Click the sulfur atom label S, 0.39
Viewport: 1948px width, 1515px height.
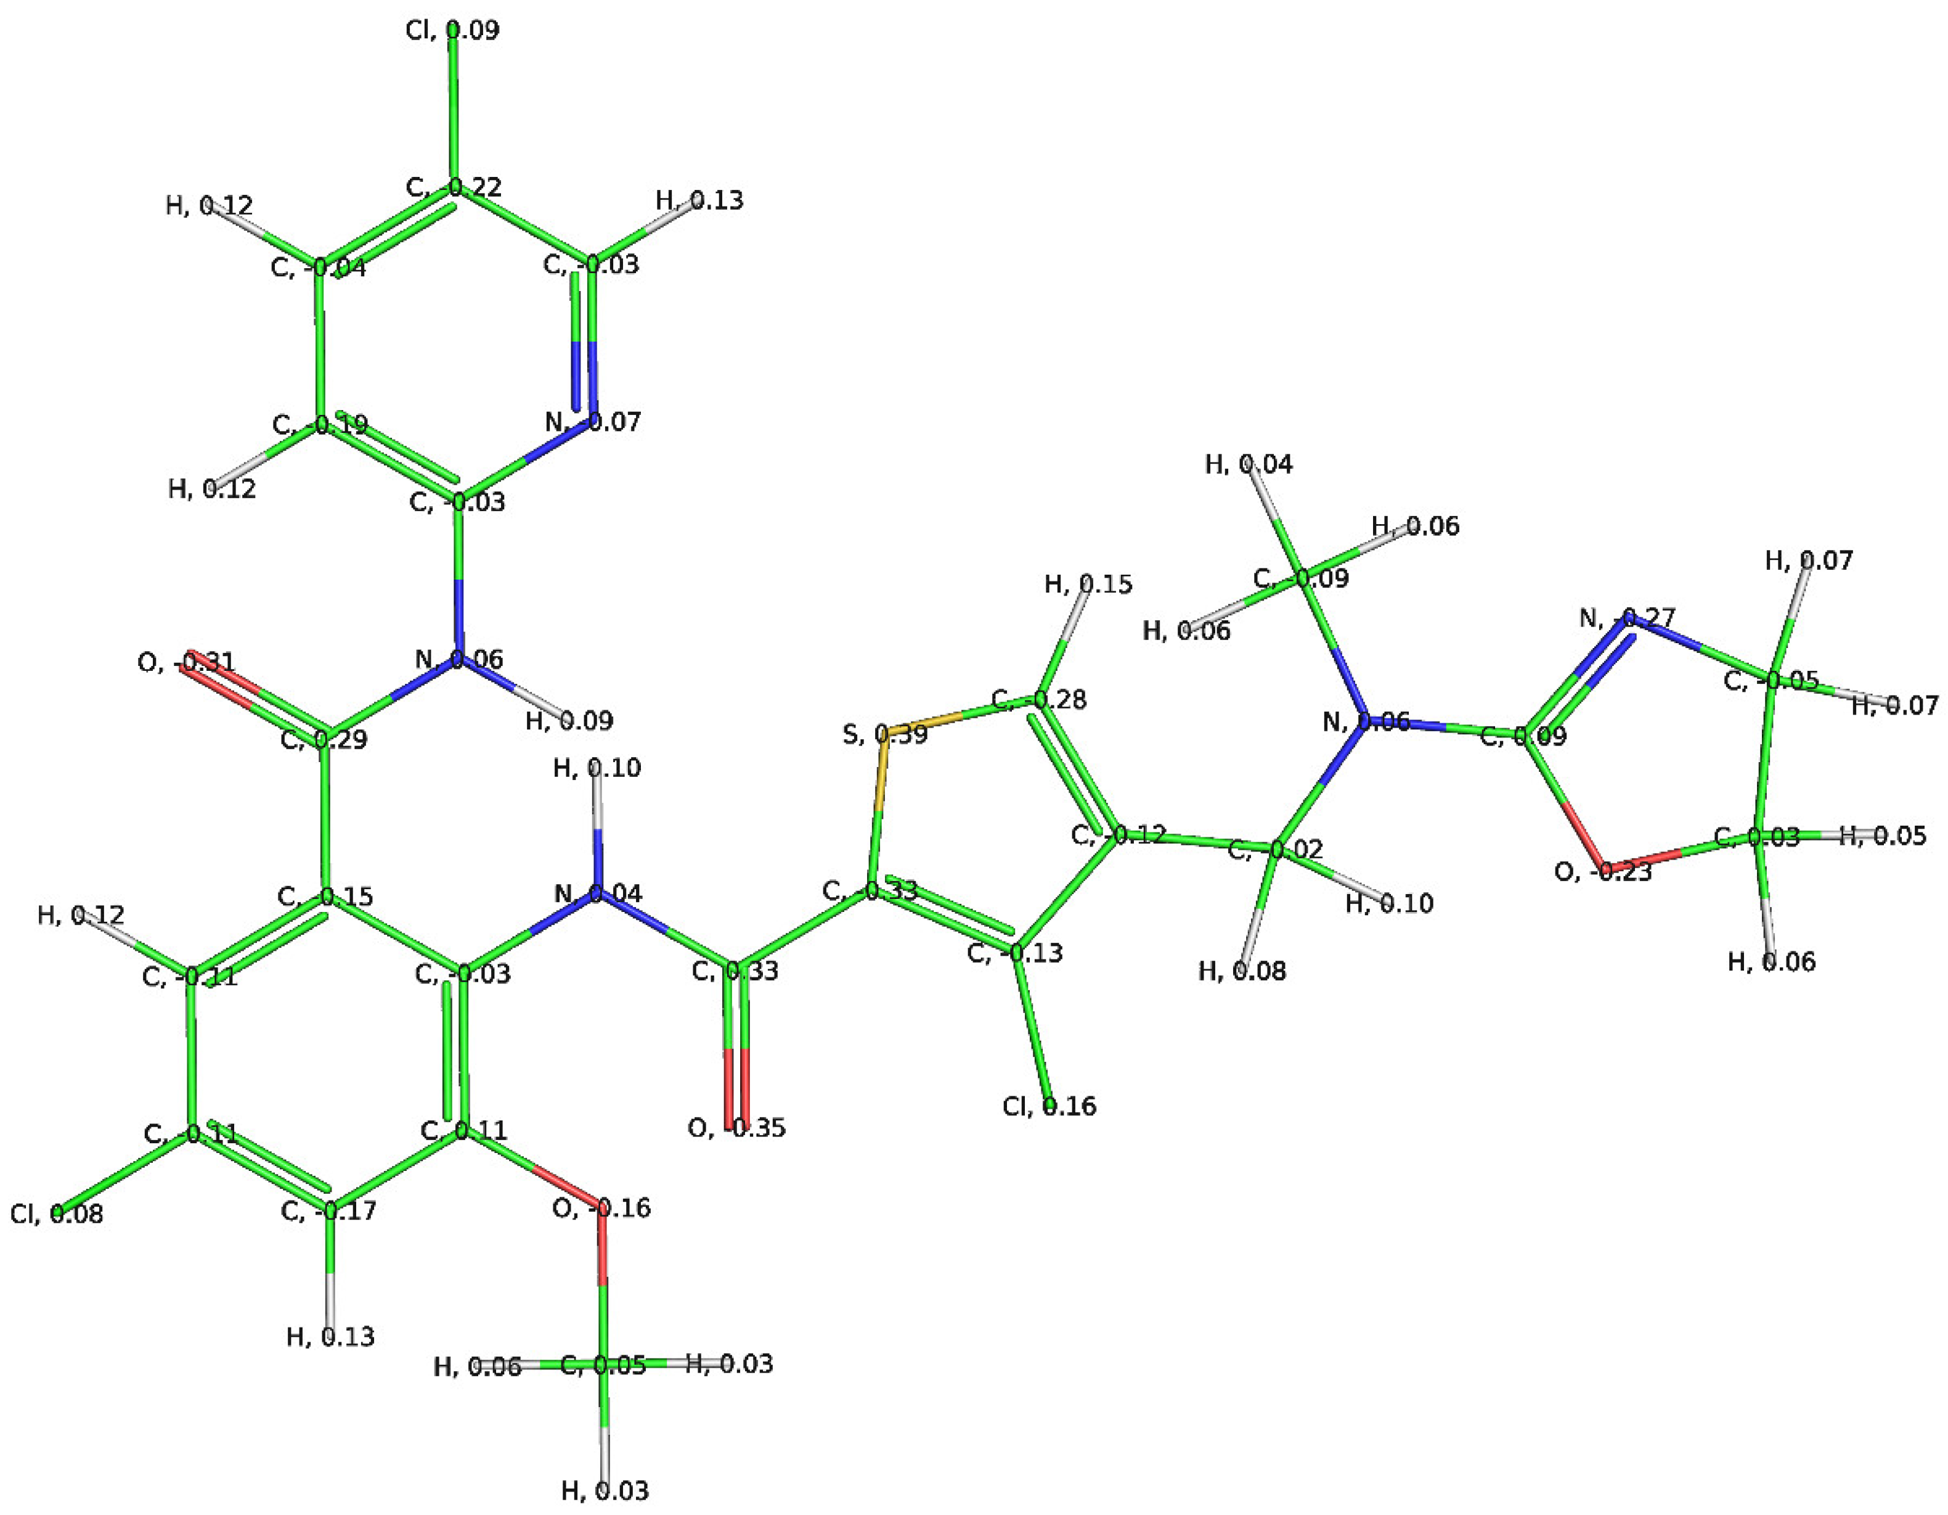(885, 735)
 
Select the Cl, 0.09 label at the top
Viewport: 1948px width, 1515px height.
(452, 30)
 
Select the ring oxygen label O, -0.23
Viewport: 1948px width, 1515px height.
(1603, 871)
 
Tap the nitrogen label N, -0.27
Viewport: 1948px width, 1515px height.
(1627, 617)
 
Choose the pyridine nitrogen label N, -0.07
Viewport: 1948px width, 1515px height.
(593, 421)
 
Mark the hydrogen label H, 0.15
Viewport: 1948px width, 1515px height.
(1088, 585)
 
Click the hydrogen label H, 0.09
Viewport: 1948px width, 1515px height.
(569, 720)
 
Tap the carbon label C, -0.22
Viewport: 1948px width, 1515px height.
(454, 187)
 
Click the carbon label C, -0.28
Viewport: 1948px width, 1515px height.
(1038, 699)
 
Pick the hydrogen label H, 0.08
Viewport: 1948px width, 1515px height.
(1242, 971)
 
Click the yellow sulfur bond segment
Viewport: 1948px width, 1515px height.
(881, 776)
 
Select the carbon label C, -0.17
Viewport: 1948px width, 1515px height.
(328, 1211)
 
